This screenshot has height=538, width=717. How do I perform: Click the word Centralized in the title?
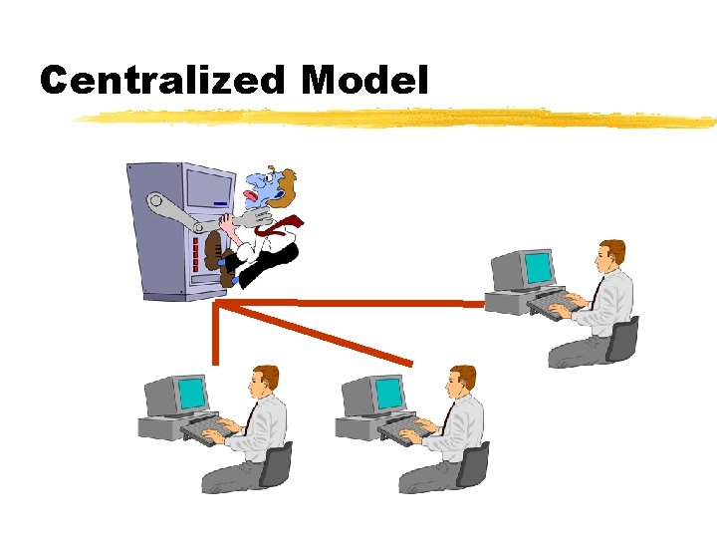164,80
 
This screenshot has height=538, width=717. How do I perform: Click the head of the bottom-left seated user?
264,380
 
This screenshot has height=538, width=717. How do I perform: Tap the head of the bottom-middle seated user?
461,380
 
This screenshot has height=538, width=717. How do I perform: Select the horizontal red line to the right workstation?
358,302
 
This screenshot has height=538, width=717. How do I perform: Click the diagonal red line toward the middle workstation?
319,335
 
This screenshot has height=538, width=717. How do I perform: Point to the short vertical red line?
215,334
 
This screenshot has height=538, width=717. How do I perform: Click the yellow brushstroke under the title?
398,119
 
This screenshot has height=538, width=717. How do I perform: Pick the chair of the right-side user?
623,339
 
